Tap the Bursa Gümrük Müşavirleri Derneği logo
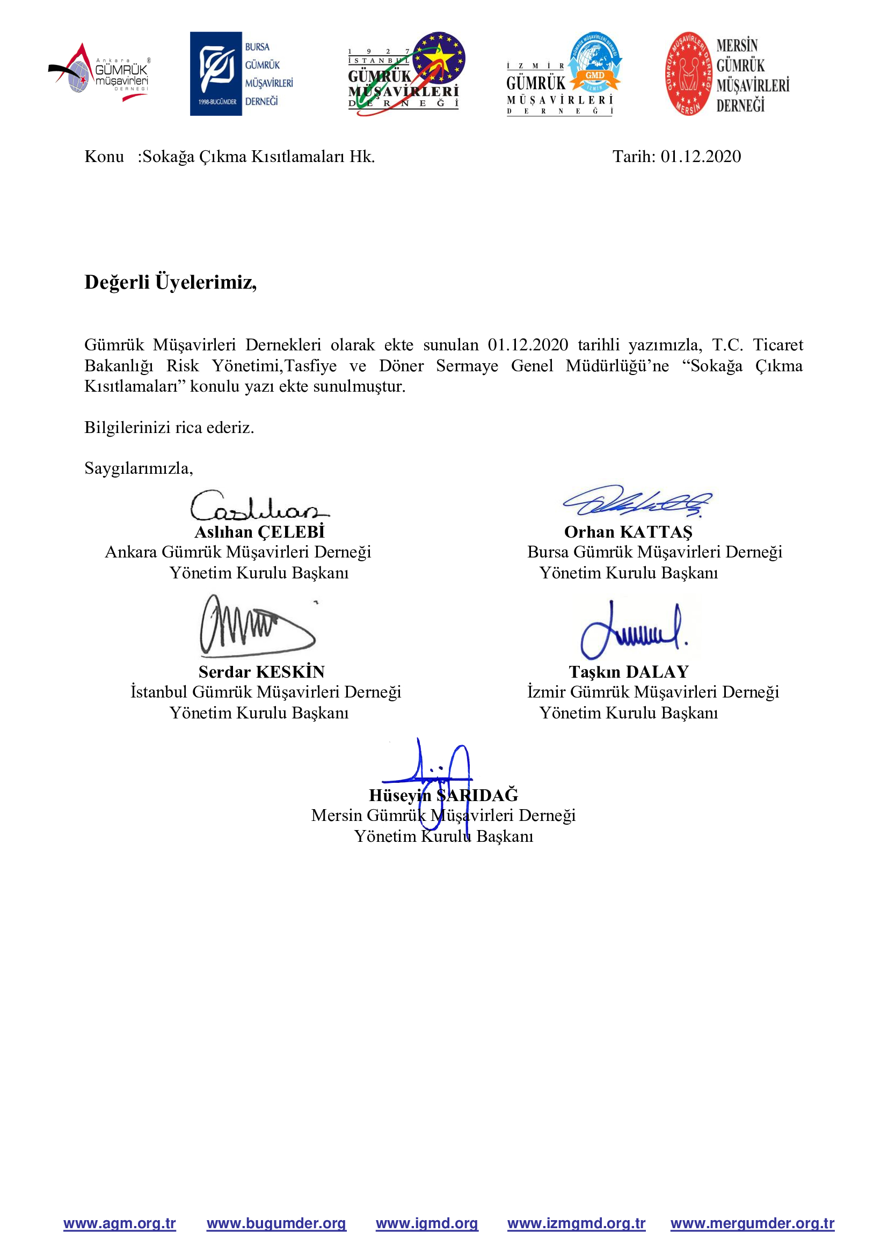pyautogui.click(x=241, y=74)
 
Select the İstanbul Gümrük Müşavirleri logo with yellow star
pyautogui.click(x=406, y=74)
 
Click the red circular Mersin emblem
pyautogui.click(x=689, y=74)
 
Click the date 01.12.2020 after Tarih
pyautogui.click(x=701, y=157)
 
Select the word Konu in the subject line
pyautogui.click(x=104, y=157)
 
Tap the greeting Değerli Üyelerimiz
pyautogui.click(x=171, y=282)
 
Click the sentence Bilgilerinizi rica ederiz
pyautogui.click(x=169, y=427)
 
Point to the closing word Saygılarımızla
pyautogui.click(x=139, y=468)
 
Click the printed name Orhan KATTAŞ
pyautogui.click(x=628, y=532)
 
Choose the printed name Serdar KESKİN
pyautogui.click(x=261, y=672)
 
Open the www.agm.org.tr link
pyautogui.click(x=120, y=1223)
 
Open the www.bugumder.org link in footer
pyautogui.click(x=276, y=1223)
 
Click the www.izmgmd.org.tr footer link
pyautogui.click(x=576, y=1223)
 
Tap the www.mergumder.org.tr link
pyautogui.click(x=752, y=1223)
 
